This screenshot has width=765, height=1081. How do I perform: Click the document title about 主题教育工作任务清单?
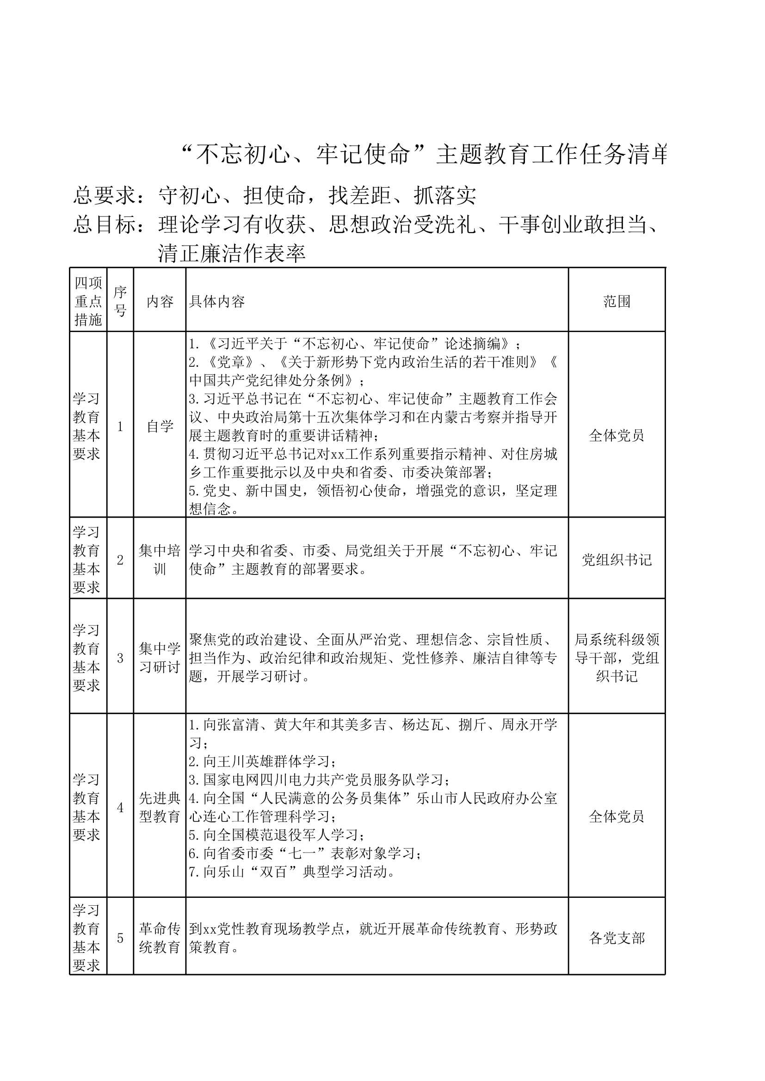point(424,154)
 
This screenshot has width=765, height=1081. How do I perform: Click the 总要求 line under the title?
point(275,196)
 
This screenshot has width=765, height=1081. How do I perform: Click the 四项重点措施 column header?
point(88,301)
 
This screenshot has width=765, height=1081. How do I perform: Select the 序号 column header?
point(120,301)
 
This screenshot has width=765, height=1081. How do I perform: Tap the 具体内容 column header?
point(217,302)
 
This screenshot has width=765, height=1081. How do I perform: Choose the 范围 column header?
point(617,302)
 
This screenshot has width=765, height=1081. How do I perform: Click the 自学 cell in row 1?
point(160,426)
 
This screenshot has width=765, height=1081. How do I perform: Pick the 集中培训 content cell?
point(160,560)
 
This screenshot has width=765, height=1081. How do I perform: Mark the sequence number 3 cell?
point(120,658)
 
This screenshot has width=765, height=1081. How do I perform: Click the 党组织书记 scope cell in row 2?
point(617,560)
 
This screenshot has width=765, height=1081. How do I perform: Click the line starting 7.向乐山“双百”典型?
point(292,871)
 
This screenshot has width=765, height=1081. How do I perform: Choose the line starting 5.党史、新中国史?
point(372,491)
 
